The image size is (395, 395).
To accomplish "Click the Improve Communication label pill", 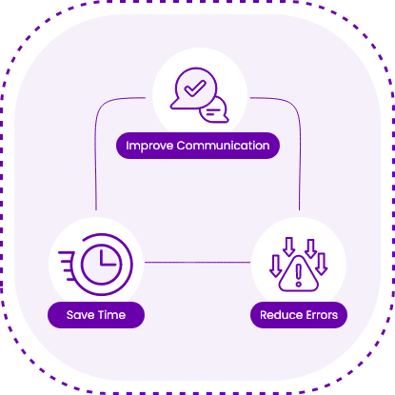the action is point(198,146).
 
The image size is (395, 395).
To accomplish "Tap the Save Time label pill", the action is point(96,315).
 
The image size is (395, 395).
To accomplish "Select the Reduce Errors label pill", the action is point(299,315).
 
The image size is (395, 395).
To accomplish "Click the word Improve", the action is point(149,146).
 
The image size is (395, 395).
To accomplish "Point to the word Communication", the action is point(223,146).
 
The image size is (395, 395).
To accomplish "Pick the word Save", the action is point(80,315).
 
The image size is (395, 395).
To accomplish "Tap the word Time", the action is point(111,315).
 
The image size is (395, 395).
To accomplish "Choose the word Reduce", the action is point(278,315).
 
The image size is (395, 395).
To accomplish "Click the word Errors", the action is point(319,315).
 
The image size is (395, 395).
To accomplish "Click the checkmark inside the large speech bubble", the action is point(195,88).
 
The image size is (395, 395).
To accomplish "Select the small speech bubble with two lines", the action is point(214,110).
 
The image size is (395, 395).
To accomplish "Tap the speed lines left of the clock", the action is point(67,266).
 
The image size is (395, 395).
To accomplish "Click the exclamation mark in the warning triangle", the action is point(298,275).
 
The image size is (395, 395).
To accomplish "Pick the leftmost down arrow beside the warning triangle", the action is point(275,266).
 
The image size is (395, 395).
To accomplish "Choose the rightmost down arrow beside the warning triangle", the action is point(321,264).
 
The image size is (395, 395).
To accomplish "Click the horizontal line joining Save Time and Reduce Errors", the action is point(197,263).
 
